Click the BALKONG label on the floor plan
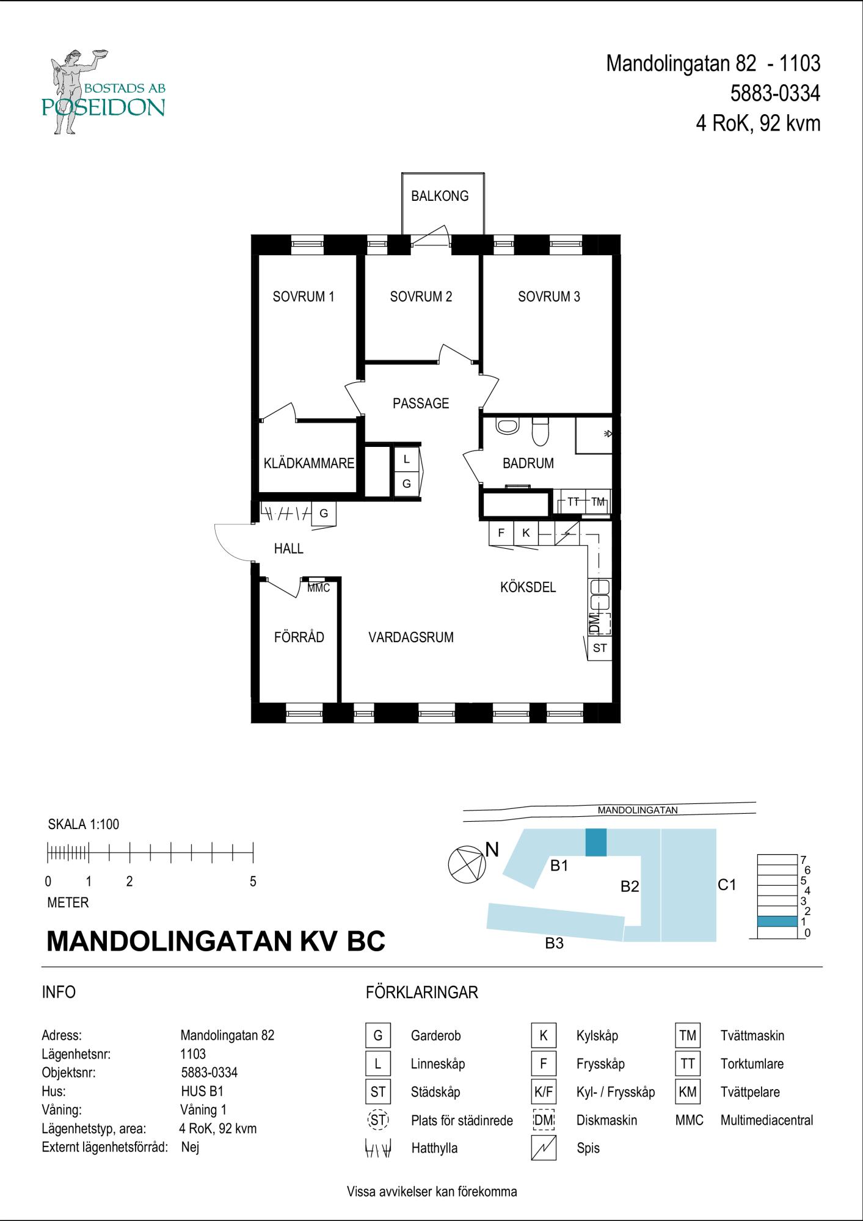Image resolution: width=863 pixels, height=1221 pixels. pyautogui.click(x=440, y=196)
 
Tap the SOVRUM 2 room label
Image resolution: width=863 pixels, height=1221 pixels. pyautogui.click(x=421, y=297)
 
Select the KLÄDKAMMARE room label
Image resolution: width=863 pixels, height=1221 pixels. pyautogui.click(x=309, y=463)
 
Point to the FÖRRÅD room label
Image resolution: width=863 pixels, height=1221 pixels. pyautogui.click(x=299, y=637)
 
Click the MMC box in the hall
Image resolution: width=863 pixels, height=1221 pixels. pyautogui.click(x=318, y=587)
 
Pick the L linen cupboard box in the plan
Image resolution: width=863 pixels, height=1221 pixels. pyautogui.click(x=407, y=459)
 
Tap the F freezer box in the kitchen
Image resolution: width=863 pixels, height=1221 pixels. pyautogui.click(x=501, y=533)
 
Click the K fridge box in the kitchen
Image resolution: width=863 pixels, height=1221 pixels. pyautogui.click(x=526, y=533)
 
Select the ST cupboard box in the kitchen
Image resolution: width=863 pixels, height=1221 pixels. pyautogui.click(x=600, y=648)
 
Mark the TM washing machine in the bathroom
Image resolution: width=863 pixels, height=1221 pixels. pyautogui.click(x=598, y=502)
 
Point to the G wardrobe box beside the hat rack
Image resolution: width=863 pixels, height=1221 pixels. pyautogui.click(x=324, y=513)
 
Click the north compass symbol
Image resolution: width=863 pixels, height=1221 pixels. pyautogui.click(x=467, y=864)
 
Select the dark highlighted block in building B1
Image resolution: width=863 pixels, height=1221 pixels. pyautogui.click(x=596, y=842)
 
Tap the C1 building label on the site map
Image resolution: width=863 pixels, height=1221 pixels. pyautogui.click(x=727, y=885)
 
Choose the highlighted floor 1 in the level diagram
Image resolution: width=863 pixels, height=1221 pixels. pyautogui.click(x=777, y=921)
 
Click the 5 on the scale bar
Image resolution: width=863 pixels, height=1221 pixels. pyautogui.click(x=253, y=882)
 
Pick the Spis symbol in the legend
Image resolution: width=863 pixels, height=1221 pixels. pyautogui.click(x=544, y=1148)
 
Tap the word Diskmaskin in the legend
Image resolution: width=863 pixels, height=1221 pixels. pyautogui.click(x=606, y=1120)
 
